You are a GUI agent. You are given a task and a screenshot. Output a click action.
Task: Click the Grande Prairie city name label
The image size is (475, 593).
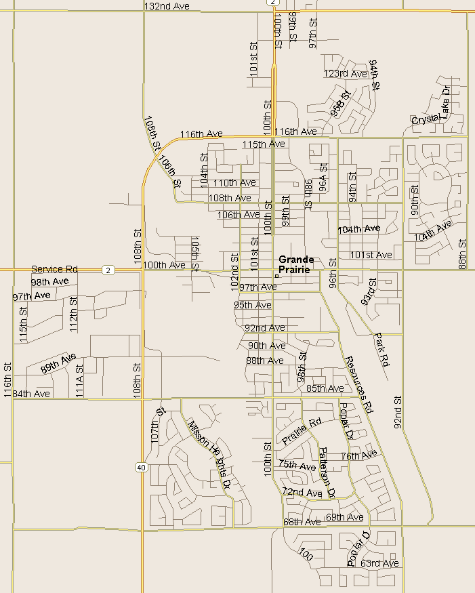point(296,264)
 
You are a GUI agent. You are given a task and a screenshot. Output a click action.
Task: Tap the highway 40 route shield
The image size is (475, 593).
point(140,467)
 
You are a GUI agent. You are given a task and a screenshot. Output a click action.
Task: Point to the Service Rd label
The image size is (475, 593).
point(54,269)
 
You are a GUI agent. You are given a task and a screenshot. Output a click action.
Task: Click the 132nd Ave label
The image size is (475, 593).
point(167,5)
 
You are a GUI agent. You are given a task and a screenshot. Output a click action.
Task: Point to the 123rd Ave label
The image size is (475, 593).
point(345,73)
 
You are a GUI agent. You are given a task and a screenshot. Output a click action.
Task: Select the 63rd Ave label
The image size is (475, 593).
point(379,563)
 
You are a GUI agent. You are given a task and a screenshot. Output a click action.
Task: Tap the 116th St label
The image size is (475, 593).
point(8,380)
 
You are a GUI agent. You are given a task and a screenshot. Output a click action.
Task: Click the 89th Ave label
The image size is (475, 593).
point(58,364)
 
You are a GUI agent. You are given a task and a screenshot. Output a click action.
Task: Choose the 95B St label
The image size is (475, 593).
point(342,104)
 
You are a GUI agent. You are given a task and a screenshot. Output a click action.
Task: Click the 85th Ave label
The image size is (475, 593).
point(325,388)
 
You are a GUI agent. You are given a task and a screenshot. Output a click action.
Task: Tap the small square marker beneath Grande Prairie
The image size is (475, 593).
point(277,276)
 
